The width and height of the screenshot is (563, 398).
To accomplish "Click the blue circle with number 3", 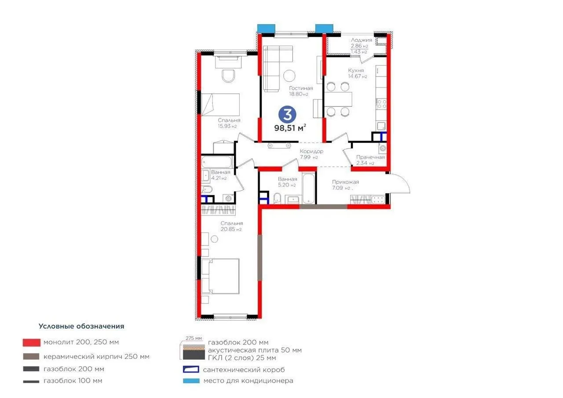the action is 287,115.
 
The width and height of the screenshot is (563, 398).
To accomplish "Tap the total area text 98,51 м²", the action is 290,128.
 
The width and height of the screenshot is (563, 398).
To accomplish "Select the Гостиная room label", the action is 301,88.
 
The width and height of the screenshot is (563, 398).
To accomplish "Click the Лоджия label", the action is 362,40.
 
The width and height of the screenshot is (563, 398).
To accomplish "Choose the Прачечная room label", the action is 370,157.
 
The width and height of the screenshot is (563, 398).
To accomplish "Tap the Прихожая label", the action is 345,182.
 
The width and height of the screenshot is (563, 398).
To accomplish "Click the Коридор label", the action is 311,151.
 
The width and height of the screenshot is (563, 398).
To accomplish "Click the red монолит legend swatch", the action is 31,343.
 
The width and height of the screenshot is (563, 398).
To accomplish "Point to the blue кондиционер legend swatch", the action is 191,381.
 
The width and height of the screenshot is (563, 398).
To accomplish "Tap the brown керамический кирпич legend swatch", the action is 31,356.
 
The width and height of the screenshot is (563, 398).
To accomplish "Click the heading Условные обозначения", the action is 81,326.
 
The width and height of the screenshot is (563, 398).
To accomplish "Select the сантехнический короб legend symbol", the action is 191,369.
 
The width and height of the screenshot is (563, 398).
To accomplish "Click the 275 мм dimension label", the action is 194,338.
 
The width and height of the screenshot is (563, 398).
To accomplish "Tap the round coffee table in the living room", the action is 289,76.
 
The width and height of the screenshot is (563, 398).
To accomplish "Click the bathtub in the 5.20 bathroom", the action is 309,188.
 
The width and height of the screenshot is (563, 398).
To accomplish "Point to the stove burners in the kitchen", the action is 381,104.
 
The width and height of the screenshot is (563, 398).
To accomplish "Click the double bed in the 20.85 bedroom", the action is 220,276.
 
